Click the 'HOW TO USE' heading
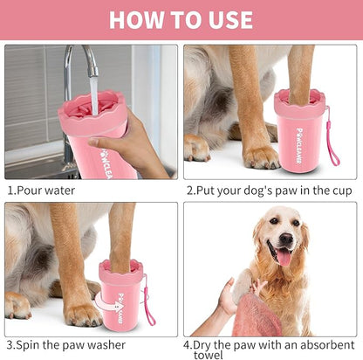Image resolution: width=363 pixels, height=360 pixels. (x=181, y=19)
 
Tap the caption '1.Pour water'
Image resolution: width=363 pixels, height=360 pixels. (x=41, y=190)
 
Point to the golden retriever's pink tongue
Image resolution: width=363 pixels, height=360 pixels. (x=284, y=257)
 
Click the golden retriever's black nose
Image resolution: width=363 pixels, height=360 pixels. (x=284, y=238)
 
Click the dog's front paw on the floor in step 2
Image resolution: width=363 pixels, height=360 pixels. (x=259, y=157)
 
